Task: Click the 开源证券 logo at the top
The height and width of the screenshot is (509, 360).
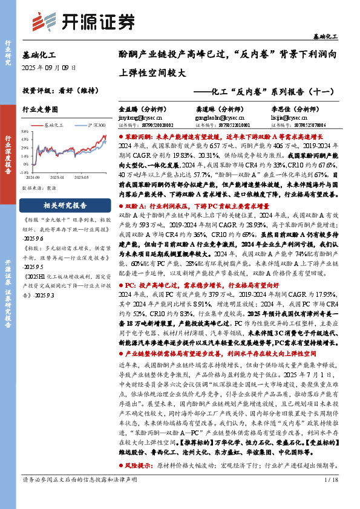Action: point(82,21)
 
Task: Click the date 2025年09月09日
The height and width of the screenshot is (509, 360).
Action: point(49,68)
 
